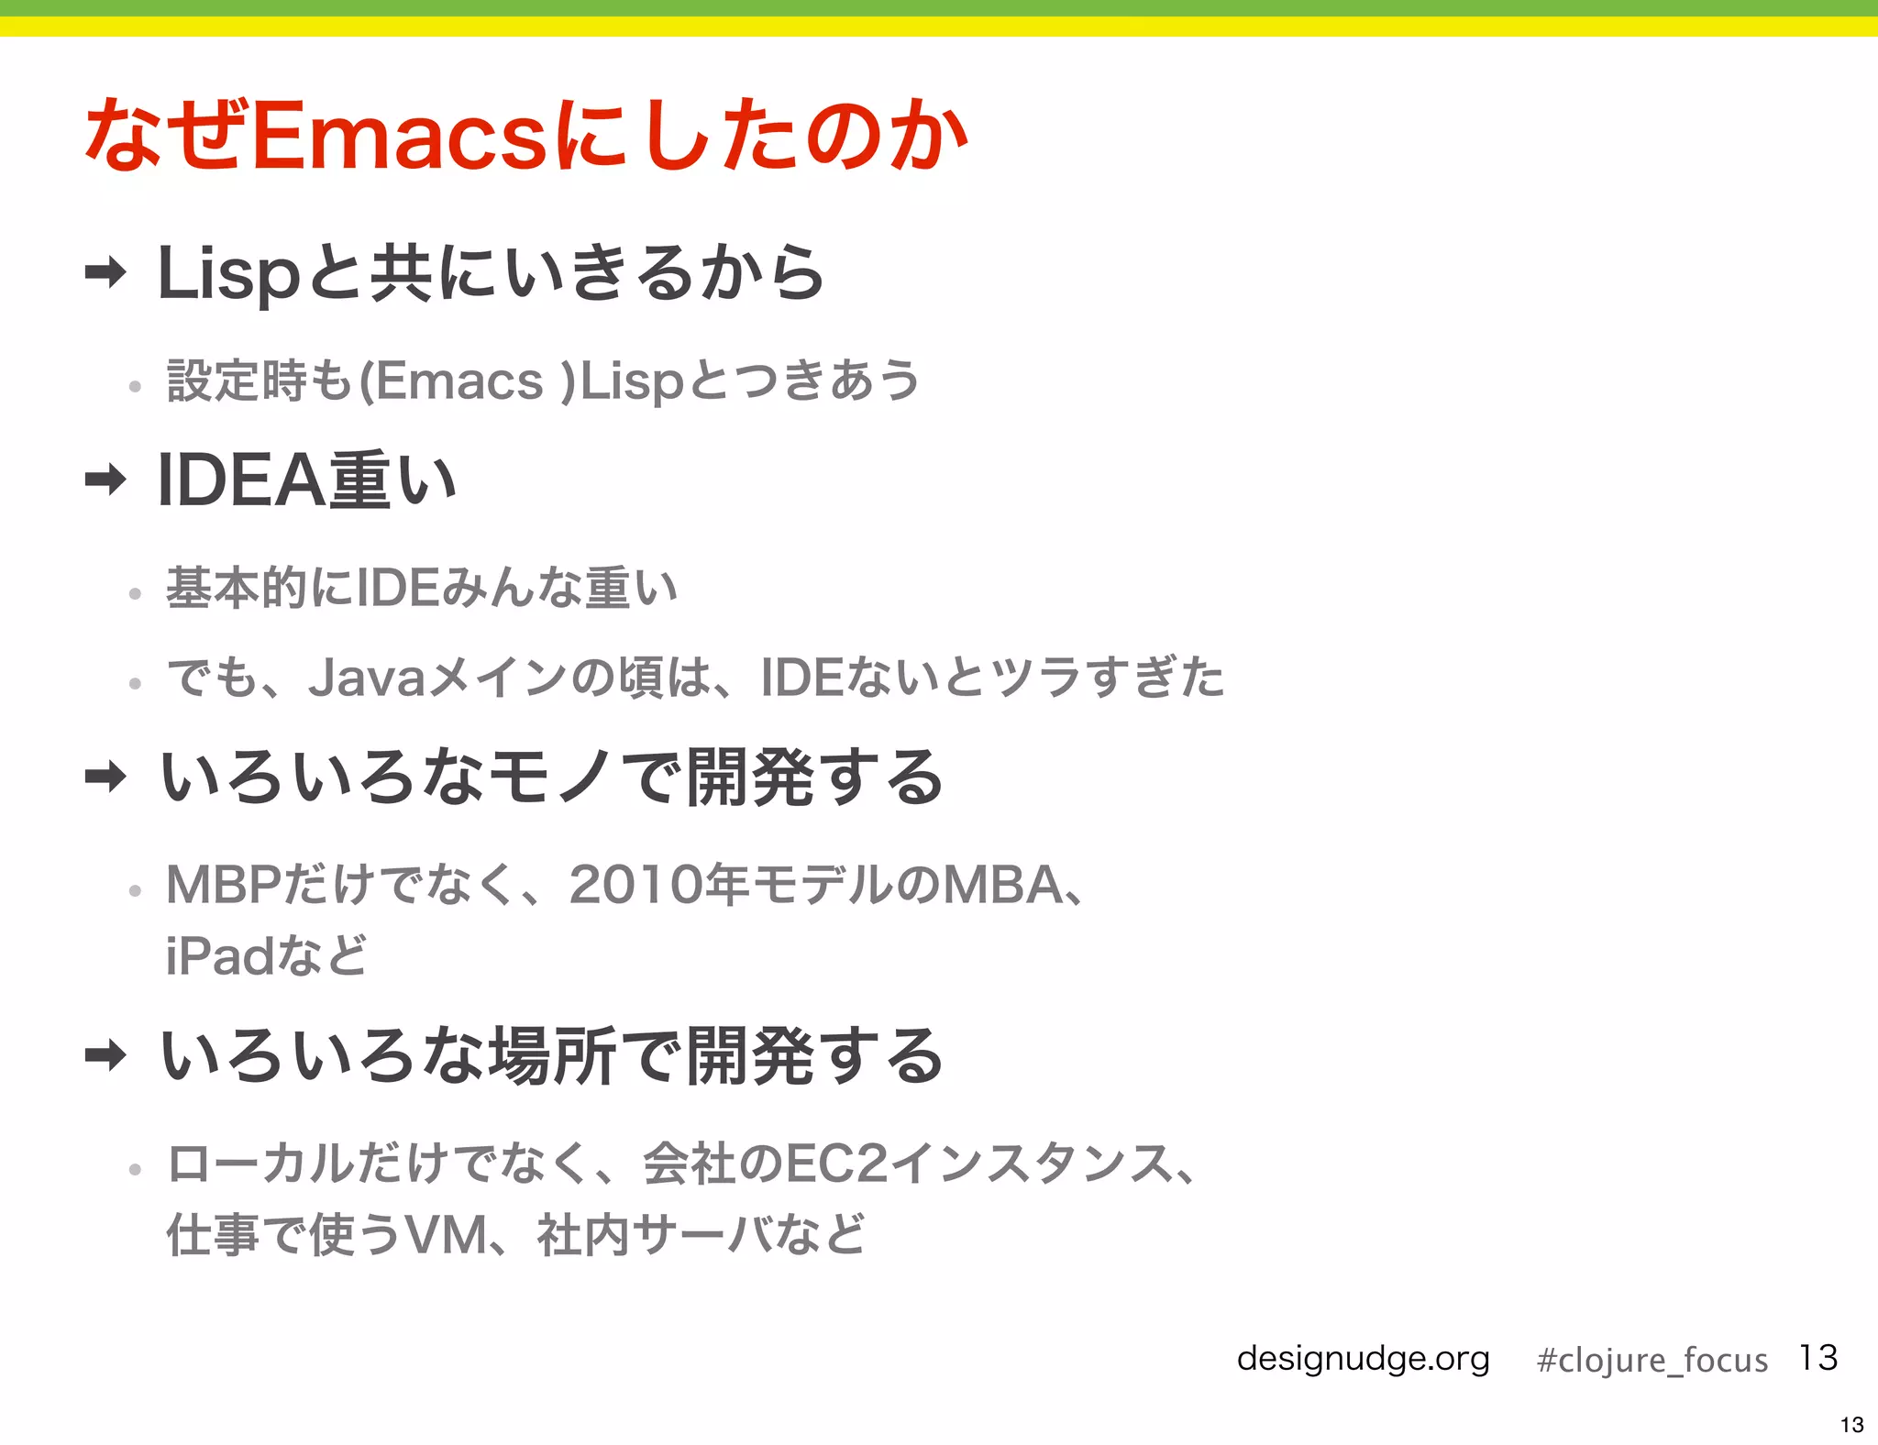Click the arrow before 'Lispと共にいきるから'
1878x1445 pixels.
105,272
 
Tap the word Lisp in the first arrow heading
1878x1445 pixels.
228,274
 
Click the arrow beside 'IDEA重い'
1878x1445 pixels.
105,479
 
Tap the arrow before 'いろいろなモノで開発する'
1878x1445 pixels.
105,778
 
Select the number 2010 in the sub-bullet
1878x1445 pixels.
636,886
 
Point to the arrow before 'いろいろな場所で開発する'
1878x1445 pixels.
105,1055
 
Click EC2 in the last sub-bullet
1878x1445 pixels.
836,1164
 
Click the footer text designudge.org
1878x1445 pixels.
1363,1358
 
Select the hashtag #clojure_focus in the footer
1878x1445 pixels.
1652,1360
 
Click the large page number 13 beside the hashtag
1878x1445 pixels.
1818,1358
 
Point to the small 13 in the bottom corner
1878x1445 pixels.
1851,1425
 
